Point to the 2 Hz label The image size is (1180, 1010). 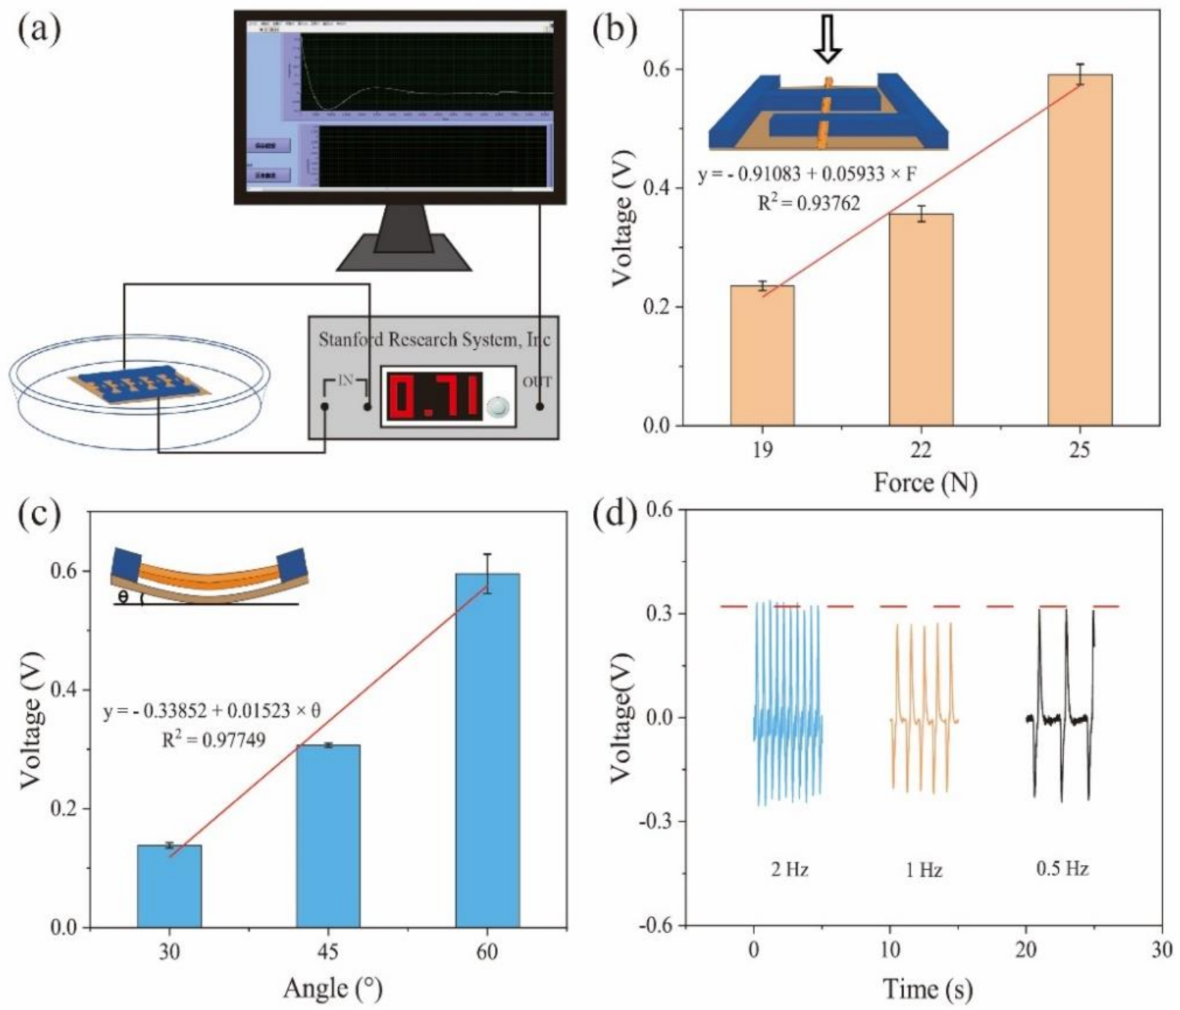pyautogui.click(x=790, y=870)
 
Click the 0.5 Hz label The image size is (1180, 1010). pyautogui.click(x=1062, y=869)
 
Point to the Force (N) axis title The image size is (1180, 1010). pyautogui.click(x=926, y=483)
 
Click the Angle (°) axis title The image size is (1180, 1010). pyautogui.click(x=332, y=989)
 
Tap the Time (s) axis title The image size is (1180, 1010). pyautogui.click(x=927, y=989)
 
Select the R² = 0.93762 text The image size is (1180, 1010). pyautogui.click(x=808, y=203)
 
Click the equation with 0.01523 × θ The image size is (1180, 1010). pyautogui.click(x=212, y=711)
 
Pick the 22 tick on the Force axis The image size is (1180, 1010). pyautogui.click(x=921, y=451)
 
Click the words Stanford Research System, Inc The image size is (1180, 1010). pyautogui.click(x=434, y=340)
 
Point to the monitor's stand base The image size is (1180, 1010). pyautogui.click(x=404, y=254)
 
